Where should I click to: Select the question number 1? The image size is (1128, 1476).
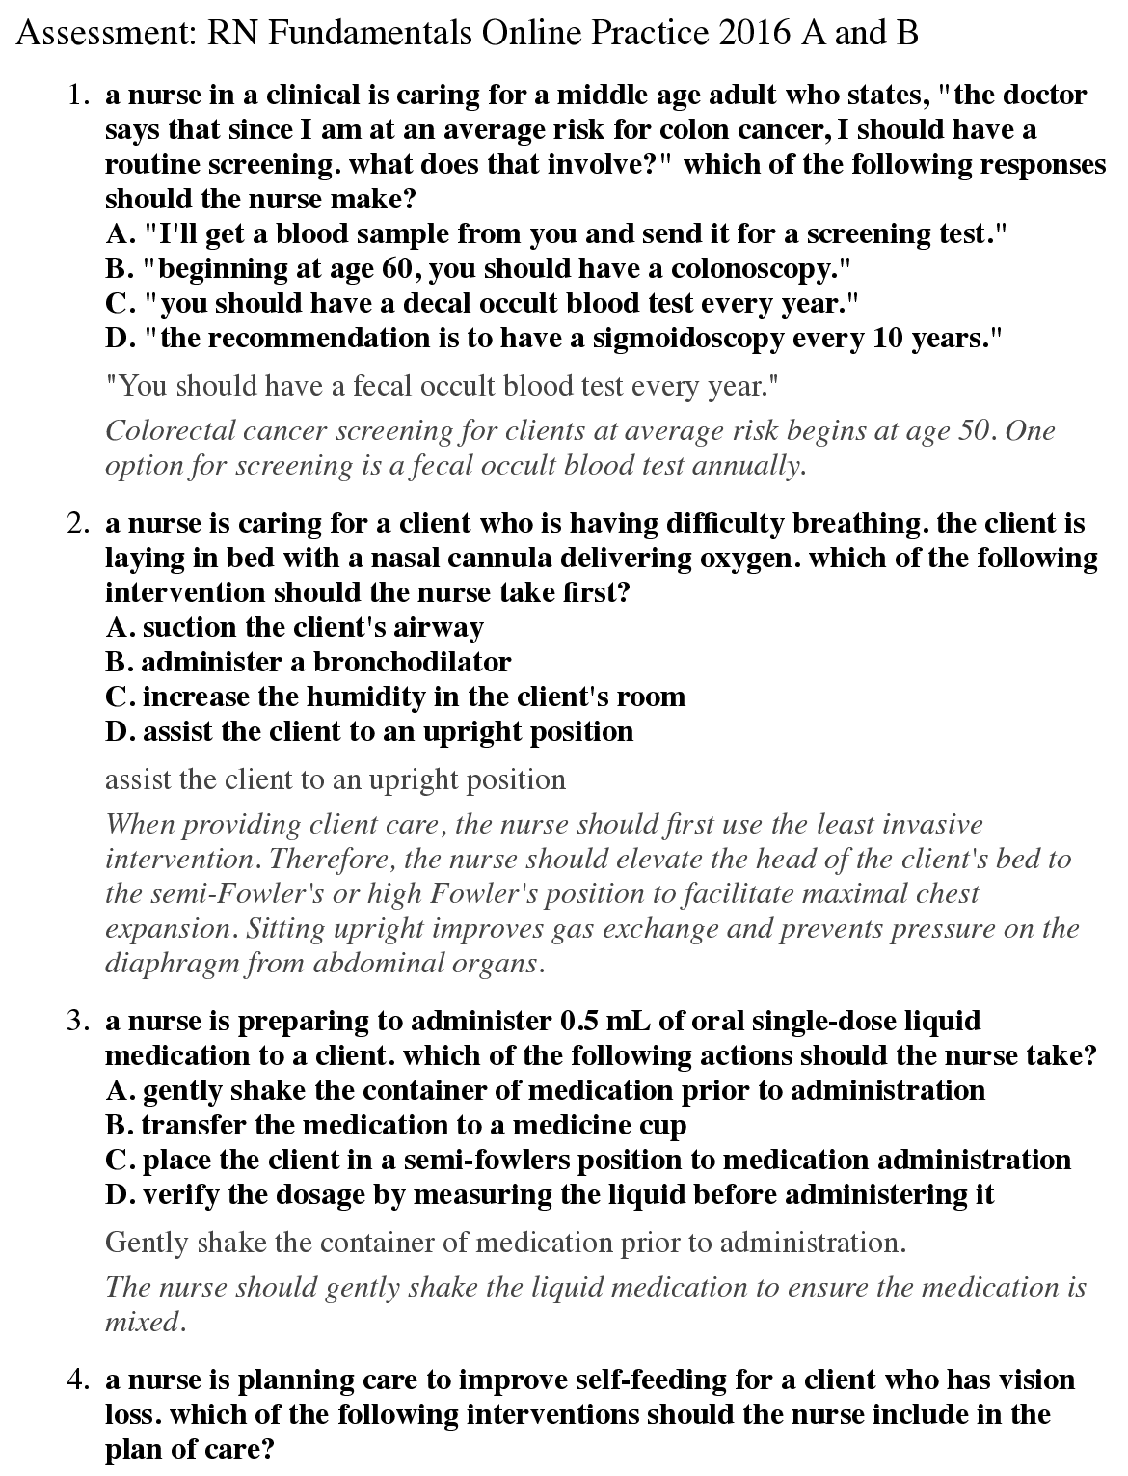pyautogui.click(x=78, y=96)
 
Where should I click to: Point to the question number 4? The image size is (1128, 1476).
pyautogui.click(x=78, y=1380)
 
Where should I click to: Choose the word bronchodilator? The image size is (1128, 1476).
pyautogui.click(x=412, y=663)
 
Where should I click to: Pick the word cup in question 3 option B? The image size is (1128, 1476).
pyautogui.click(x=663, y=1126)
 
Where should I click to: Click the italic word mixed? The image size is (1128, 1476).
pyautogui.click(x=142, y=1323)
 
